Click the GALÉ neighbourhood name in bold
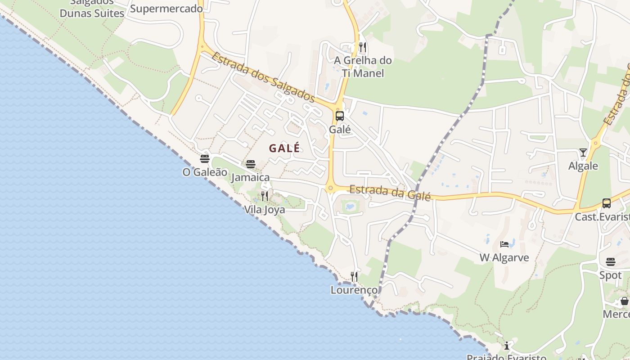pyautogui.click(x=284, y=148)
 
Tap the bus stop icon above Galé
pyautogui.click(x=340, y=116)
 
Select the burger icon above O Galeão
pyautogui.click(x=205, y=159)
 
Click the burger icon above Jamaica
pyautogui.click(x=251, y=164)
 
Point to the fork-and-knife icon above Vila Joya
pyautogui.click(x=265, y=196)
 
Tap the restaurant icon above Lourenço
pyautogui.click(x=355, y=276)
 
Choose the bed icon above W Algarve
pyautogui.click(x=504, y=244)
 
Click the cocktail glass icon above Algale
pyautogui.click(x=583, y=153)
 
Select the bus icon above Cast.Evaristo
pyautogui.click(x=607, y=203)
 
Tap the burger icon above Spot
pyautogui.click(x=611, y=262)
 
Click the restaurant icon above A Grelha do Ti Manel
pyautogui.click(x=363, y=47)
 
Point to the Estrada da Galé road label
pyautogui.click(x=390, y=193)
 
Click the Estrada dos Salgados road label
pyautogui.click(x=263, y=77)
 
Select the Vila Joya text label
pyautogui.click(x=265, y=210)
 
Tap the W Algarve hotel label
pyautogui.click(x=504, y=258)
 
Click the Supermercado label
pyautogui.click(x=166, y=9)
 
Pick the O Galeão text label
pyautogui.click(x=205, y=172)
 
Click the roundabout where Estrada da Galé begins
pyautogui.click(x=331, y=189)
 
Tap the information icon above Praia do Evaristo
pyautogui.click(x=507, y=346)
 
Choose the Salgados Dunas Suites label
pyautogui.click(x=92, y=9)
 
